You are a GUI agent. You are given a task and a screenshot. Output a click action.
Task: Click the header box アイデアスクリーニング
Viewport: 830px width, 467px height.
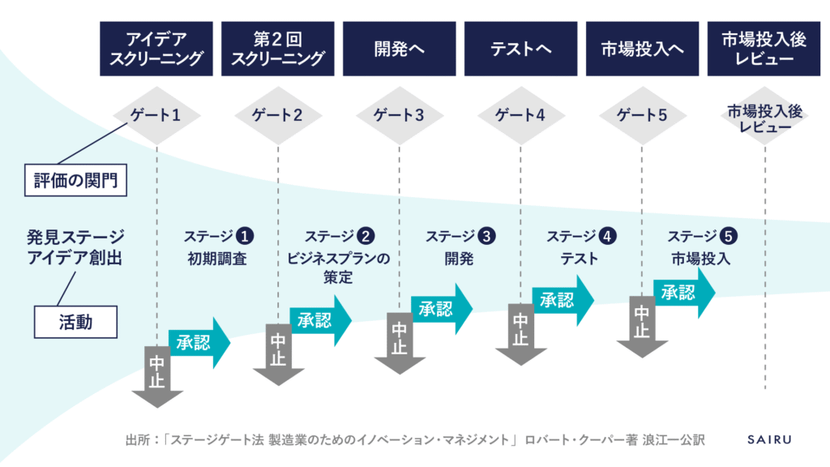[x=156, y=49]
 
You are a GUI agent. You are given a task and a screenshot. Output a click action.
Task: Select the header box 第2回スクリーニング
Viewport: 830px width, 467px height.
[x=278, y=49]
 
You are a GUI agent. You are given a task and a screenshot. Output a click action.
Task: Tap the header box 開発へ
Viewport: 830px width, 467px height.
[x=400, y=49]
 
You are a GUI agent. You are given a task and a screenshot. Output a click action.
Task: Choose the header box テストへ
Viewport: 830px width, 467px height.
[x=521, y=49]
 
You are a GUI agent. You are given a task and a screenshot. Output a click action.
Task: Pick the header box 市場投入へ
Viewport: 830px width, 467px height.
[x=643, y=49]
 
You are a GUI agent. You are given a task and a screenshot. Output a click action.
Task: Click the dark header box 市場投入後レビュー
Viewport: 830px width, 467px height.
[x=764, y=49]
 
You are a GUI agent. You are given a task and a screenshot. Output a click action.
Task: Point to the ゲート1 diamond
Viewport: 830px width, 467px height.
[x=156, y=115]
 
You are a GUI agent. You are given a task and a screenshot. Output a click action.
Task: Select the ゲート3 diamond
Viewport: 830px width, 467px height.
[x=399, y=115]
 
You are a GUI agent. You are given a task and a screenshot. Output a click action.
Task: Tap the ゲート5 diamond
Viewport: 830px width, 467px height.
[x=642, y=115]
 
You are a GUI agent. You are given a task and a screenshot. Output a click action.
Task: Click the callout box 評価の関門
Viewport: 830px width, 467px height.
[x=75, y=180]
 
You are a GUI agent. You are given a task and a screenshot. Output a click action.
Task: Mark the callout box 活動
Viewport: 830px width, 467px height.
[x=75, y=322]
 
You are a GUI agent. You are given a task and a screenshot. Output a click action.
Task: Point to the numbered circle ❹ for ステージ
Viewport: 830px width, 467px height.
[x=607, y=237]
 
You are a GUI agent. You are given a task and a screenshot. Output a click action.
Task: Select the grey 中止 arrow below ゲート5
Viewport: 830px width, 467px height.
[x=642, y=324]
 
